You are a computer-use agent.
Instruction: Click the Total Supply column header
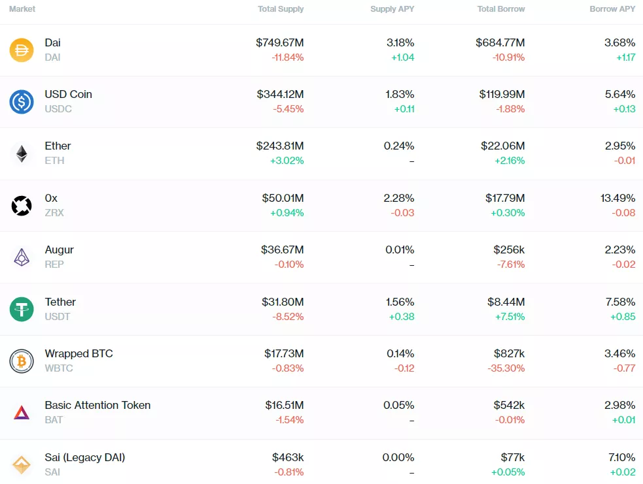pos(281,9)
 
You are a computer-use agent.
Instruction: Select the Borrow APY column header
pos(612,9)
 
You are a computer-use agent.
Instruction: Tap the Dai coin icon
pos(22,50)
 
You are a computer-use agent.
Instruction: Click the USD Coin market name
pos(68,94)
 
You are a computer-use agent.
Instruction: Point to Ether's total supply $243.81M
pos(280,146)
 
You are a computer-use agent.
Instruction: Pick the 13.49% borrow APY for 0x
pos(617,198)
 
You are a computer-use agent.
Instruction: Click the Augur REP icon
pos(22,257)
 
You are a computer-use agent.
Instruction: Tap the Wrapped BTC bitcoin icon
pos(22,361)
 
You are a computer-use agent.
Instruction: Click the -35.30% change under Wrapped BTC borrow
pos(506,368)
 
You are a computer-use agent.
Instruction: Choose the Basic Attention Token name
pos(97,405)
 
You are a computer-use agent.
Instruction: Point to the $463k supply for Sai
pos(288,457)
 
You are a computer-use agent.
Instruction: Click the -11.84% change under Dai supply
pos(287,57)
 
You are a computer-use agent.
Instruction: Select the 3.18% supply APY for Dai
pos(400,42)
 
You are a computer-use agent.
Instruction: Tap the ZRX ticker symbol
pos(54,212)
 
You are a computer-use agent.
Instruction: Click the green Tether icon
pos(22,309)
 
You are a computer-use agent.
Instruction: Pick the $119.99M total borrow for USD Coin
pos(502,94)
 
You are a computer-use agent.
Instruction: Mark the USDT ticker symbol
pos(57,316)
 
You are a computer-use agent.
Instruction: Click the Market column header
pos(22,9)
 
